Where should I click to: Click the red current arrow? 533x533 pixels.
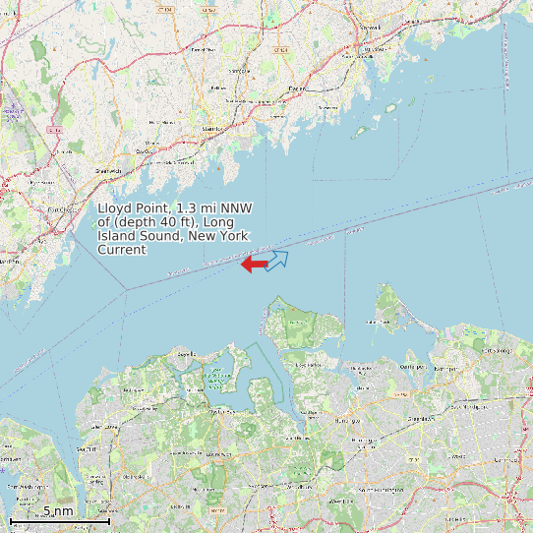255,264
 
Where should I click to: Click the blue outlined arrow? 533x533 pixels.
277,260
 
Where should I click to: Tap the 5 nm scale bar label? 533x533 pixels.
57,511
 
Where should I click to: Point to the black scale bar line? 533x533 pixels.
59,520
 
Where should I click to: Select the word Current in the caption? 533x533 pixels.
122,250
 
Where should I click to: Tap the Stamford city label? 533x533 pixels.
211,129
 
